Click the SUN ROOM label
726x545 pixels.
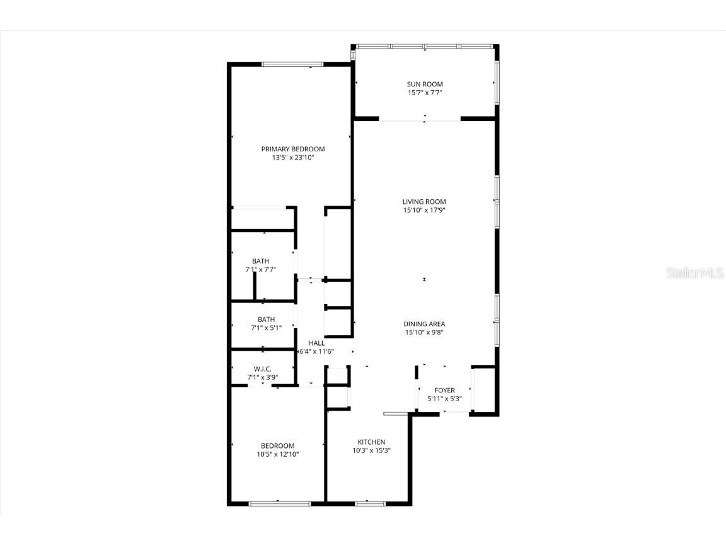click(424, 84)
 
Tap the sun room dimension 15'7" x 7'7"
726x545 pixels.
click(424, 93)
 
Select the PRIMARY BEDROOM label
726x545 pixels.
click(293, 149)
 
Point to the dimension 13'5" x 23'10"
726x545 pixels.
click(293, 158)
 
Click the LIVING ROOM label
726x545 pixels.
click(424, 202)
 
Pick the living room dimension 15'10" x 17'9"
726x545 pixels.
click(424, 211)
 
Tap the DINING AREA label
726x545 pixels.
click(424, 324)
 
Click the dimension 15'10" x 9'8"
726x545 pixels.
click(424, 332)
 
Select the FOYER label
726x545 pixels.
click(444, 390)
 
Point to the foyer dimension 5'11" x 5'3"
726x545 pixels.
click(444, 399)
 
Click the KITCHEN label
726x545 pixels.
click(371, 442)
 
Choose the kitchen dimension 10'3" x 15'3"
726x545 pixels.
click(371, 451)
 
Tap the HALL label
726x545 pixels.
click(316, 343)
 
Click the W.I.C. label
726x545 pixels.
click(263, 369)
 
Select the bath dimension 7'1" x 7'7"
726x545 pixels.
click(261, 269)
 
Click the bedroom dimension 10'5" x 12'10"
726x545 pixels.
click(278, 454)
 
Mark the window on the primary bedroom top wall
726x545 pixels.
click(292, 64)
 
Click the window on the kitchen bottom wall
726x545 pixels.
click(370, 503)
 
